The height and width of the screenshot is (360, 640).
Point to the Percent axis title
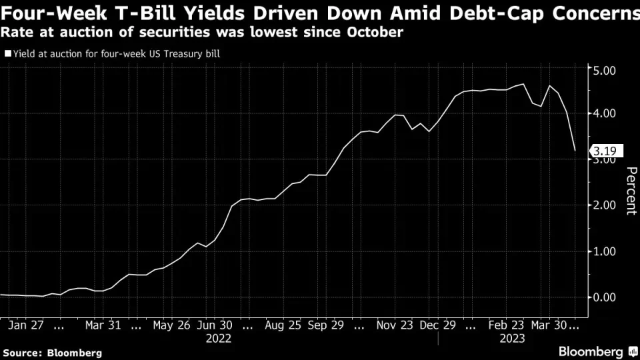click(x=630, y=191)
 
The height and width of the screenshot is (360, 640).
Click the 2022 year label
click(x=218, y=339)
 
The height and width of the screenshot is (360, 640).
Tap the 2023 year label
click(x=512, y=339)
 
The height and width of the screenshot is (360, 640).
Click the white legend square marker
click(x=8, y=53)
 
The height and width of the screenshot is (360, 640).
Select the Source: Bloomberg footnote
click(x=52, y=352)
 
